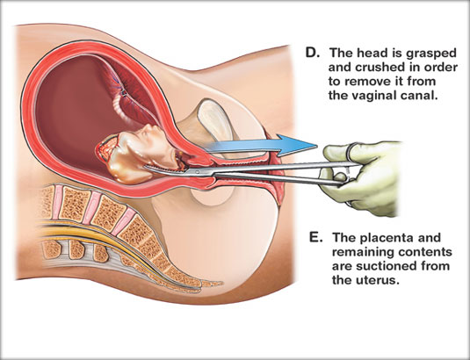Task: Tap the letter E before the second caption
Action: pyautogui.click(x=315, y=237)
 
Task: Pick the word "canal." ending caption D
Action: pyautogui.click(x=417, y=96)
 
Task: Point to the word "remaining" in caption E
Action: pyautogui.click(x=364, y=252)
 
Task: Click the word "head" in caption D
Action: pyautogui.click(x=371, y=53)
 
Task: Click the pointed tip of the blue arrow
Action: pyautogui.click(x=317, y=146)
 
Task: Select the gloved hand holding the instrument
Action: pyautogui.click(x=365, y=180)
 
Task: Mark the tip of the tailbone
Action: pyautogui.click(x=221, y=283)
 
